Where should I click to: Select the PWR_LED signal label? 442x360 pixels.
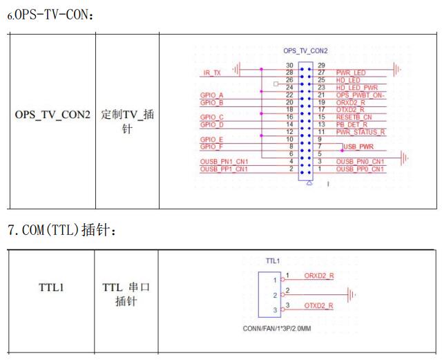tap(351, 72)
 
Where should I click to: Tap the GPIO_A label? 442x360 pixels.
tap(211, 94)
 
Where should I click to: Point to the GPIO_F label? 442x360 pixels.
tap(211, 146)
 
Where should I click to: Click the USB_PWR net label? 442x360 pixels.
tap(359, 146)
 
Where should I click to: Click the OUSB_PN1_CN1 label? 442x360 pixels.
tap(223, 162)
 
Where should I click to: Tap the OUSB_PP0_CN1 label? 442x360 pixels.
tap(361, 169)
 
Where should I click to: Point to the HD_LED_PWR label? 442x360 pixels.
tap(357, 87)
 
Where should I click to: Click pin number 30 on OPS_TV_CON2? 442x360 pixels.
tap(290, 64)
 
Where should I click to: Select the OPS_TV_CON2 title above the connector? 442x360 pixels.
tap(305, 51)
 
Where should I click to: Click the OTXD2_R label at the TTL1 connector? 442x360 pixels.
tap(319, 305)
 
